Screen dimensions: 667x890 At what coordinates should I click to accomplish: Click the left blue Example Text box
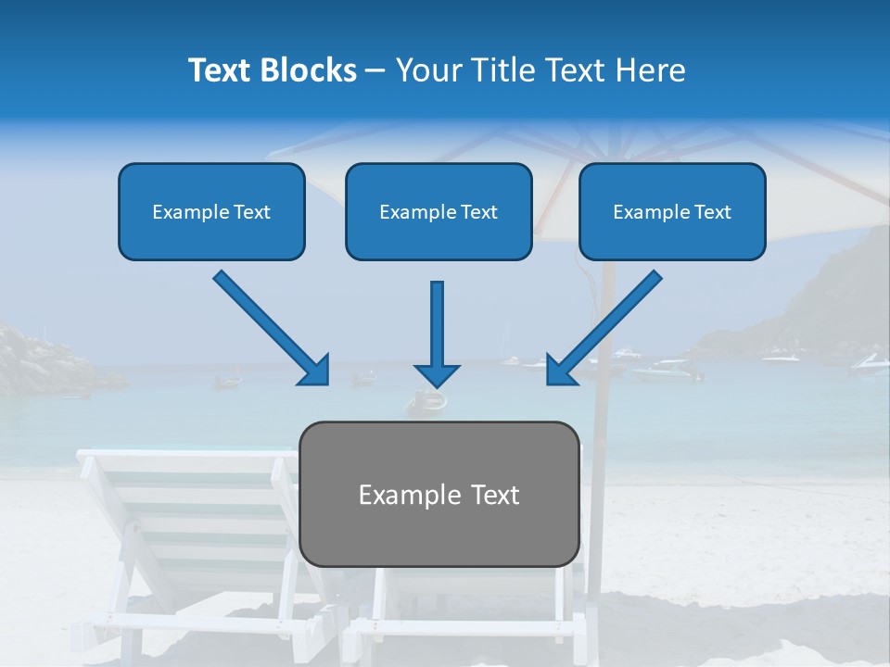pyautogui.click(x=211, y=211)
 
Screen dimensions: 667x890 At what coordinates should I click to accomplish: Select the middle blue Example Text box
pyautogui.click(x=439, y=211)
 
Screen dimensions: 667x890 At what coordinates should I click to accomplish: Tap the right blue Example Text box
pyautogui.click(x=672, y=211)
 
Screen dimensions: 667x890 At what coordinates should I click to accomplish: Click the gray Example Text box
pyautogui.click(x=439, y=494)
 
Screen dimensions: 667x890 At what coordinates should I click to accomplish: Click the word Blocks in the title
pyautogui.click(x=310, y=70)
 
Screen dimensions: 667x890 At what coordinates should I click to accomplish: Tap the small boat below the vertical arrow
pyautogui.click(x=428, y=402)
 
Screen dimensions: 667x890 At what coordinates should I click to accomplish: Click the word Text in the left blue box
pyautogui.click(x=251, y=212)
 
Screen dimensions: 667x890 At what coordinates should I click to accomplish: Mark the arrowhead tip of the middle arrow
pyautogui.click(x=437, y=385)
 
